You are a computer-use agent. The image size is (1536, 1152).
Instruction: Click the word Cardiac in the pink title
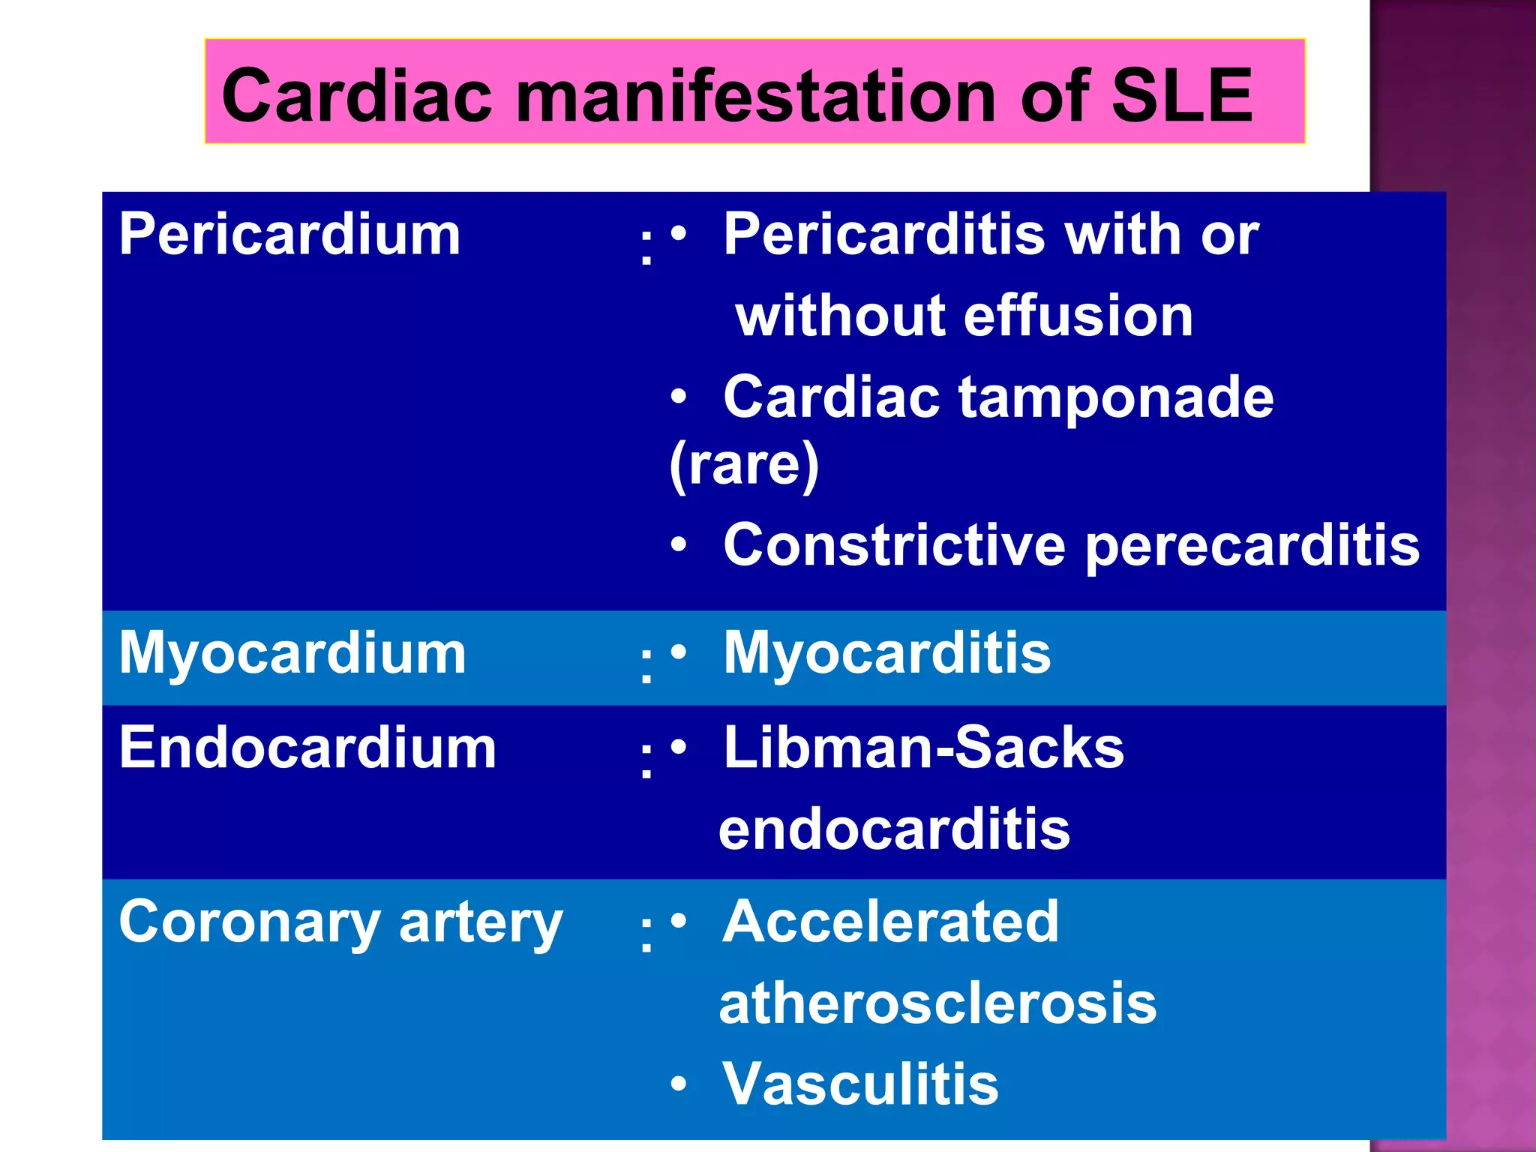356,96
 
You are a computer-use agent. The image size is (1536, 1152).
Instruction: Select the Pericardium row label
289,235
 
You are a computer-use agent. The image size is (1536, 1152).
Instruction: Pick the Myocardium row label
292,653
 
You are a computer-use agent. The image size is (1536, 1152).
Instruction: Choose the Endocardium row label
307,748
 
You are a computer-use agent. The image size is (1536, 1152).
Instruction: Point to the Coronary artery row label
340,922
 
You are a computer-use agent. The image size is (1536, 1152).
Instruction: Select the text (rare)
744,465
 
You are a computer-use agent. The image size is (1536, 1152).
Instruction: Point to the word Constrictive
894,545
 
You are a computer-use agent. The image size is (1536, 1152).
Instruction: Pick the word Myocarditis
887,653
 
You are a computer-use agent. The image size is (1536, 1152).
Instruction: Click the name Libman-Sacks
924,748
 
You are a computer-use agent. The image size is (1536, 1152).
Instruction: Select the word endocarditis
894,829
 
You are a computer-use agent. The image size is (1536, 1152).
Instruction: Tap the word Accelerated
891,922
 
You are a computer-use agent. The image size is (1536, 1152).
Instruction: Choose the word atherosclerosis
937,1003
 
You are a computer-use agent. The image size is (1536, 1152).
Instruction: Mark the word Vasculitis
861,1084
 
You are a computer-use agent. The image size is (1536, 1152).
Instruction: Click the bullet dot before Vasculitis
679,1084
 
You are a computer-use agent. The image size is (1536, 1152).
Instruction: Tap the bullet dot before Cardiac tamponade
679,396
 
